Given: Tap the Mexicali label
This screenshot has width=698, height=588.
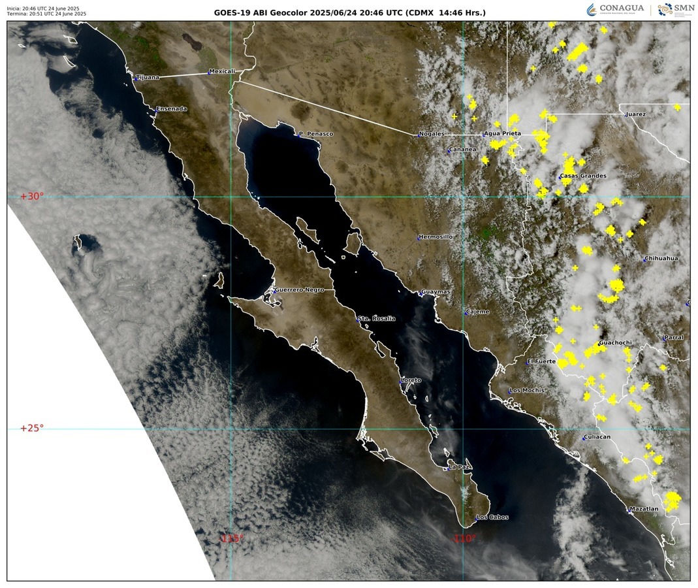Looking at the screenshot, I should tap(221, 71).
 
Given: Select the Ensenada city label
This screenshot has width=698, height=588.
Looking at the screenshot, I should tap(171, 108).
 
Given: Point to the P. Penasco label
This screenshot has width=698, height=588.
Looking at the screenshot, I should tap(316, 134).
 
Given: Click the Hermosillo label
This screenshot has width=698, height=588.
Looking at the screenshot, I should tap(436, 237).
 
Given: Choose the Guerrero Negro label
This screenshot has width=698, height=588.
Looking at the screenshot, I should tap(299, 289).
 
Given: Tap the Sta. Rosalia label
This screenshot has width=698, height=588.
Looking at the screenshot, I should tap(377, 318).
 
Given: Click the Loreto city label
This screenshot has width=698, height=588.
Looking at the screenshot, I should tap(411, 380).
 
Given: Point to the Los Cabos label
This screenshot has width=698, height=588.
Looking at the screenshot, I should tap(492, 517).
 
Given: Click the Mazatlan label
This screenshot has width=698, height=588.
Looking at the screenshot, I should tap(644, 509).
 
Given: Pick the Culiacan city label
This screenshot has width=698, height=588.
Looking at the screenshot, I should tap(598, 436).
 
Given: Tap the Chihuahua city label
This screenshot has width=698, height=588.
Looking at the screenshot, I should tap(662, 258).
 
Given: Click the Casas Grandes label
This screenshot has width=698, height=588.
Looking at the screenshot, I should tap(583, 176).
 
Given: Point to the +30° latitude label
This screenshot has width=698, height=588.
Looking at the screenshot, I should tap(31, 196).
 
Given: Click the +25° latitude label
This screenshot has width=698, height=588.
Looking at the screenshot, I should tap(31, 429).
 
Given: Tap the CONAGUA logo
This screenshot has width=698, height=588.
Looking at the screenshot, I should tap(615, 10).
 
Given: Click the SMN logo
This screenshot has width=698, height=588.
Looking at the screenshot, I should tap(675, 10).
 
